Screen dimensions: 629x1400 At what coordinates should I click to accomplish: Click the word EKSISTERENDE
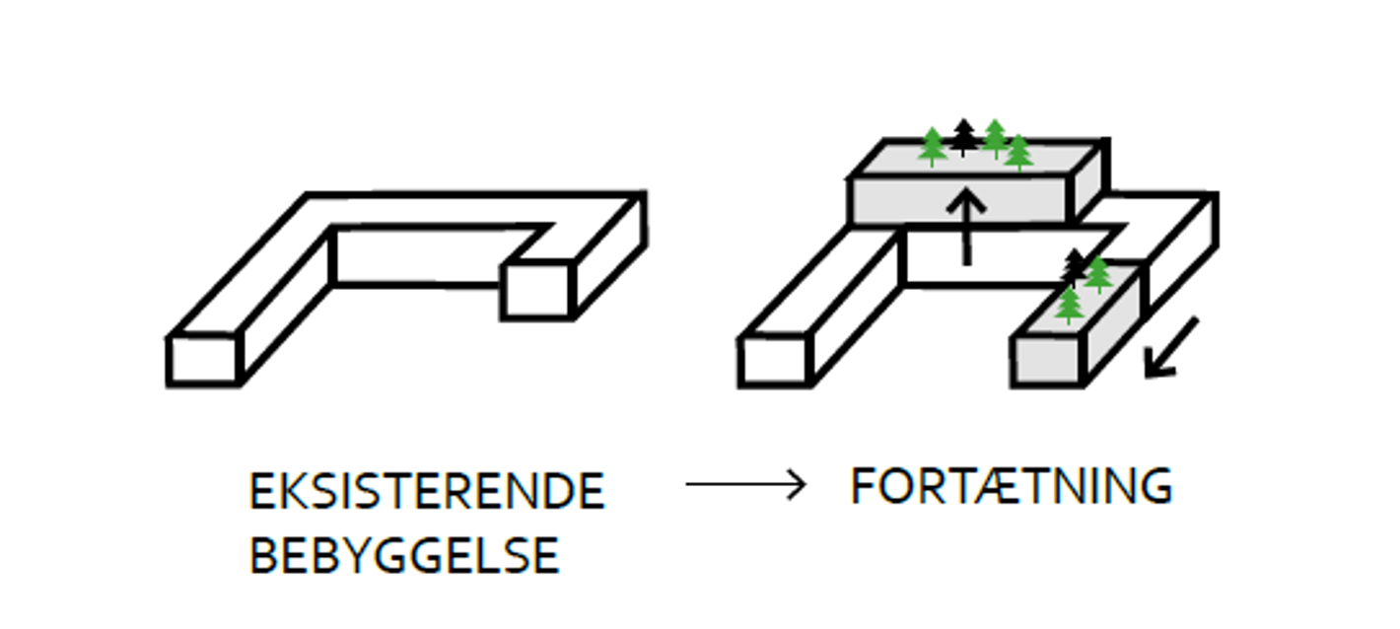click(x=426, y=492)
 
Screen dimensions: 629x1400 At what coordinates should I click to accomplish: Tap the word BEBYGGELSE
click(x=404, y=556)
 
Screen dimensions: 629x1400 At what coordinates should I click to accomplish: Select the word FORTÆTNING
click(x=1012, y=486)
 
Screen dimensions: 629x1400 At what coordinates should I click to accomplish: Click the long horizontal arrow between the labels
click(x=745, y=484)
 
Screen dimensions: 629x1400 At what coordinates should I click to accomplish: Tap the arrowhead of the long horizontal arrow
click(x=798, y=484)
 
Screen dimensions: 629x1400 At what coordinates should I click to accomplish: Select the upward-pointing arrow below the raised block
click(x=967, y=227)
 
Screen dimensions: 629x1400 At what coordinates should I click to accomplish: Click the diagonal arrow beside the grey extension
click(x=1171, y=348)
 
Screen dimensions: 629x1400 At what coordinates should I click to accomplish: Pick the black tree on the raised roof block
click(x=963, y=137)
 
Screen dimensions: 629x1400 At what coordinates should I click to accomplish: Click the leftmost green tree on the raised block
click(x=932, y=146)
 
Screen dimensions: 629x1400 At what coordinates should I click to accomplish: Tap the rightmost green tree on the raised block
click(x=1018, y=152)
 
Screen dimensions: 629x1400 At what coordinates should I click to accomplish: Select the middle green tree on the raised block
click(x=995, y=138)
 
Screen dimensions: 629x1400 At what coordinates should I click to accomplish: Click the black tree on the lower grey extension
click(x=1075, y=266)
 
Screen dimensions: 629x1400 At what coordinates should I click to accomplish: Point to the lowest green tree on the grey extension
click(x=1069, y=305)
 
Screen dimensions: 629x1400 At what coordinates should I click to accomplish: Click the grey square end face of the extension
click(x=1047, y=361)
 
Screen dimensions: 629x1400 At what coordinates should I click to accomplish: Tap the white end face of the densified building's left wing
click(x=774, y=361)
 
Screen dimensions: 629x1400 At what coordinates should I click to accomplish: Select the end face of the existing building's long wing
click(x=204, y=361)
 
